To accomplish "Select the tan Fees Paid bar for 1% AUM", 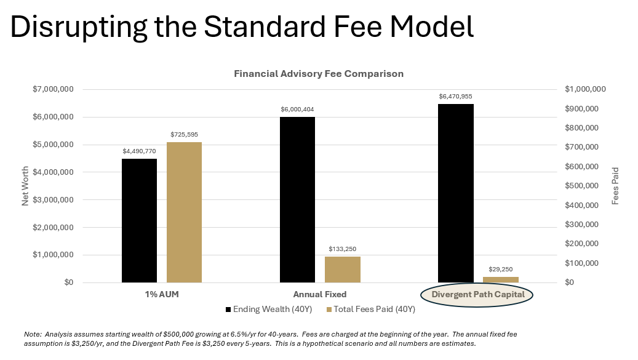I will point(184,212).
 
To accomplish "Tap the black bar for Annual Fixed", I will point(297,199).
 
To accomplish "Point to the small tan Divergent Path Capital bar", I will point(501,279).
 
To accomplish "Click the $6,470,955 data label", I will point(456,97).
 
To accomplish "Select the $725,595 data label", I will point(184,134).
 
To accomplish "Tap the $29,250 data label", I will point(501,269).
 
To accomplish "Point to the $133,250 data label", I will point(343,249).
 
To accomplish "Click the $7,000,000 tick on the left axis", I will point(54,89).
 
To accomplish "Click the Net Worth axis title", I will point(26,186).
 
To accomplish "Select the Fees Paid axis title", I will point(615,186).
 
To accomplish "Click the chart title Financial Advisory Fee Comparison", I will point(319,73).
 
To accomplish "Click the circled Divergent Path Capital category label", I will point(478,294).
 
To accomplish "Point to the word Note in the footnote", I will point(32,334).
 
